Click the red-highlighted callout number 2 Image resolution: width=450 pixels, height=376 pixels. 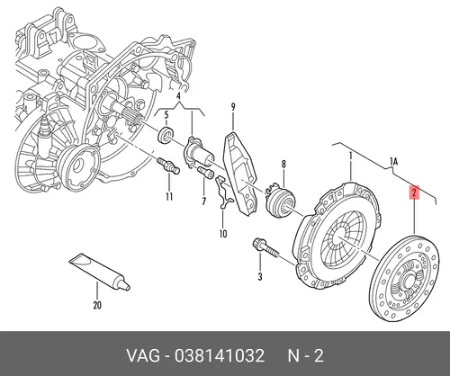coord(414,192)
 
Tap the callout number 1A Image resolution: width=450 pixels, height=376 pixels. coord(393,162)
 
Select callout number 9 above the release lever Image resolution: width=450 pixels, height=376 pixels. coord(233,107)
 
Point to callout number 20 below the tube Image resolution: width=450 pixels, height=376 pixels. coord(97,306)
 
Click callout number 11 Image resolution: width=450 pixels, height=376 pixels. coord(169,197)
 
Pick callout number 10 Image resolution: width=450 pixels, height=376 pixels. coord(223,234)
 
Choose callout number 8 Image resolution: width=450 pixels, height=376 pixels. coord(283,164)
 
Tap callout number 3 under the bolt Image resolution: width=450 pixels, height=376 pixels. coord(260,276)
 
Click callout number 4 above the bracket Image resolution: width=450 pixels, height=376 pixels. coord(178,96)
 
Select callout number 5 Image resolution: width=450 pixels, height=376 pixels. coord(166,115)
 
